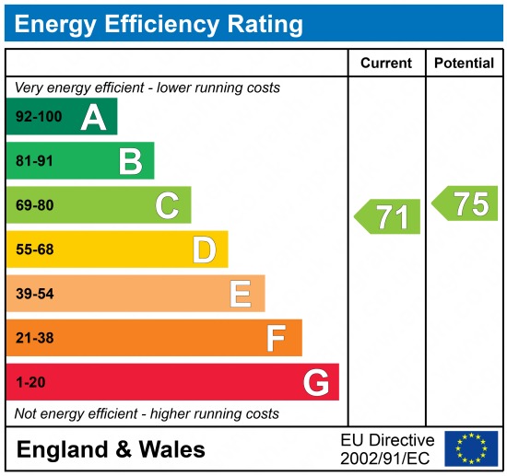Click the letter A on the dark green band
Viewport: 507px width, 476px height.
[93, 117]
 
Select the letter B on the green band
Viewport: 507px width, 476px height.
[130, 161]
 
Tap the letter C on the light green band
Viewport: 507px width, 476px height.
[167, 205]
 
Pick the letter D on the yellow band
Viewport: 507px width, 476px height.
[204, 250]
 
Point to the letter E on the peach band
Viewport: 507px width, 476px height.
[240, 294]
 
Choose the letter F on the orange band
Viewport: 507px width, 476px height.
[276, 338]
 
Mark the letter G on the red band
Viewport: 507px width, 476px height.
[315, 382]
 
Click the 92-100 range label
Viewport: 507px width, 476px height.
[39, 117]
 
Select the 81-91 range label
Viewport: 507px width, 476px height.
[35, 161]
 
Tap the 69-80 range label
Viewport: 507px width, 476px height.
[35, 205]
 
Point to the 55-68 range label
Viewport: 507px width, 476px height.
[35, 250]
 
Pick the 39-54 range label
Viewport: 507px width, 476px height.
[35, 294]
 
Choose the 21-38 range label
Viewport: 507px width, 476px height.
[35, 338]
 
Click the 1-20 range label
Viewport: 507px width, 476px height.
[30, 382]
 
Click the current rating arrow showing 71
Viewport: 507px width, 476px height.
[388, 217]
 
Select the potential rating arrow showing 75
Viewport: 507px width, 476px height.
[466, 203]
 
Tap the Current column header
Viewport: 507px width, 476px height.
[386, 64]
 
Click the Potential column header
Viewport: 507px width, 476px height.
[464, 64]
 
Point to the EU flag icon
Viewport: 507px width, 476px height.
[470, 448]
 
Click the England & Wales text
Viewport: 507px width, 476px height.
[111, 450]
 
